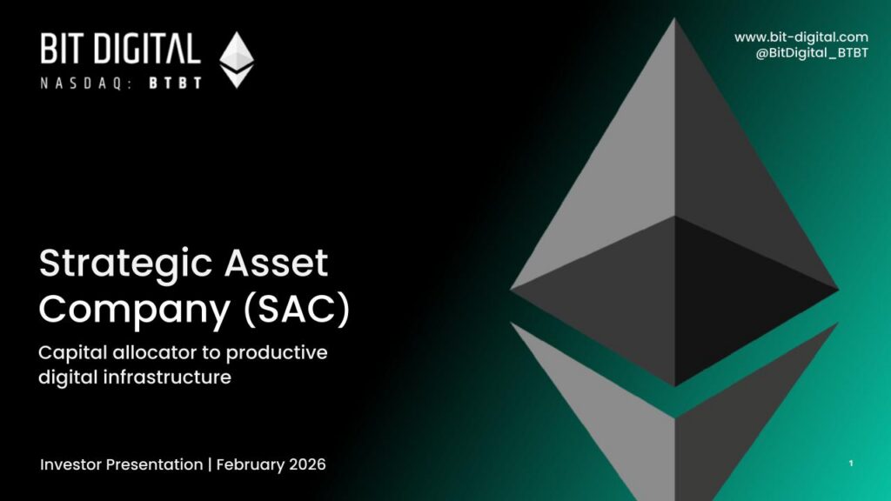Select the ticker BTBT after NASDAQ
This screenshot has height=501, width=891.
click(175, 83)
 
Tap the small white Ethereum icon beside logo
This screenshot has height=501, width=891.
click(237, 60)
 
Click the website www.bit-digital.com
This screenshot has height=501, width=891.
click(801, 37)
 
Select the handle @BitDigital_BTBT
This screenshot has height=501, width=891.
click(812, 53)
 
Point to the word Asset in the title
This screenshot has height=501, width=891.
click(276, 263)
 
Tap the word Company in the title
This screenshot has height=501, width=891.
click(135, 311)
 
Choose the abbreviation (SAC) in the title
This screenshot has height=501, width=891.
click(297, 310)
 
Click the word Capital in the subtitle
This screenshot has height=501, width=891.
click(73, 353)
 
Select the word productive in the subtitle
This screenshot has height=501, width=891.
click(277, 353)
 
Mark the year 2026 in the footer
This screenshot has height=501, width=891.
click(307, 464)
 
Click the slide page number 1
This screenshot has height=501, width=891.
click(851, 464)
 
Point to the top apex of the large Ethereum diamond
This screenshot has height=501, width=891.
click(674, 18)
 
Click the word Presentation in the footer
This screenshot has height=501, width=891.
click(154, 464)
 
